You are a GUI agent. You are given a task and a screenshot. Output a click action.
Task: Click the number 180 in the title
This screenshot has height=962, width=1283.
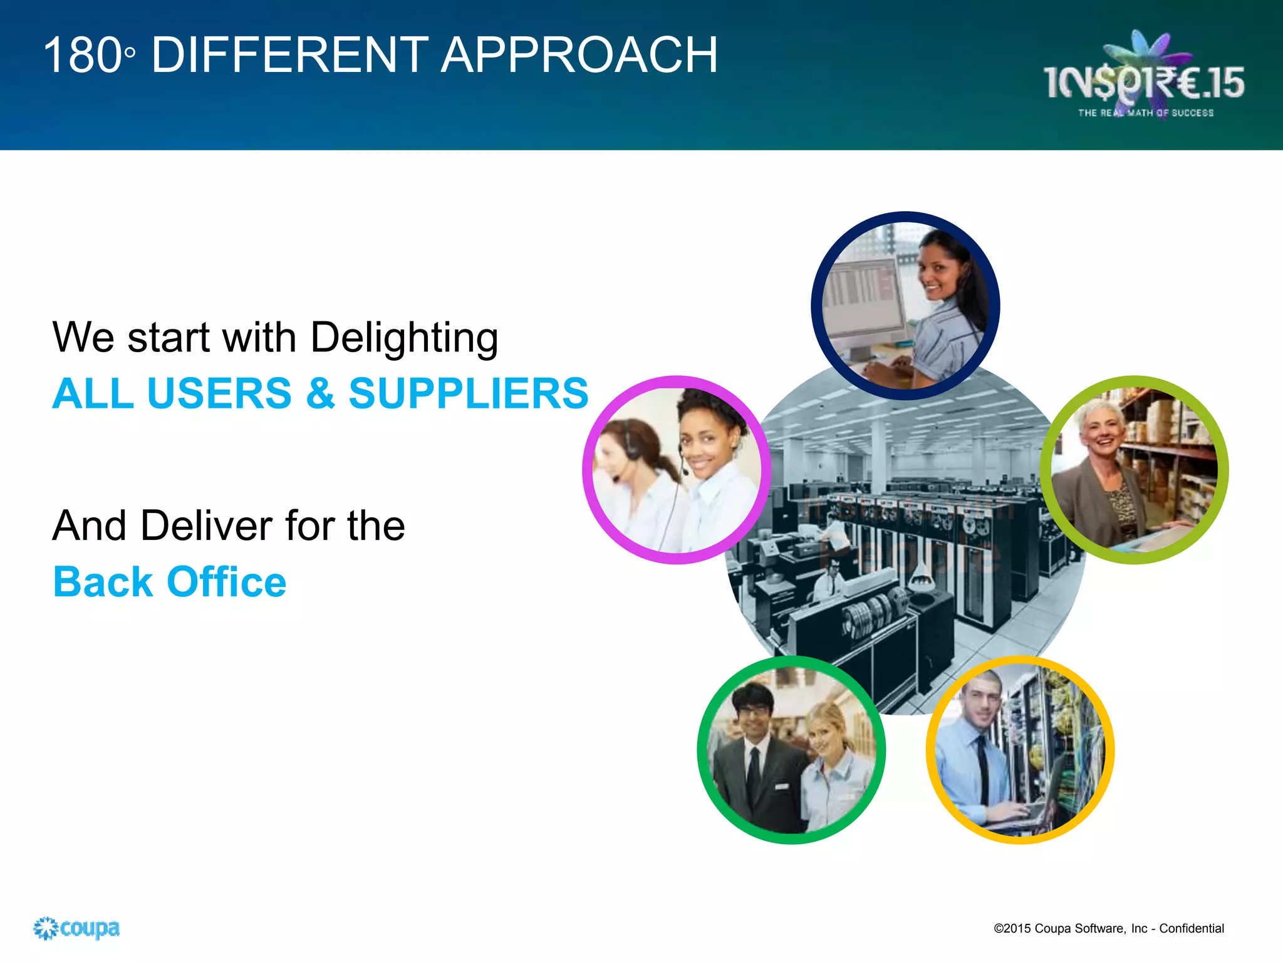[x=83, y=55]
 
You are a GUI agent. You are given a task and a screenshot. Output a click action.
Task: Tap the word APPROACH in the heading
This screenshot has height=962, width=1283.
[x=579, y=55]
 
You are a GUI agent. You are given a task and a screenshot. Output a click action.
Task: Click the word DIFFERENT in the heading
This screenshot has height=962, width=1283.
[x=289, y=55]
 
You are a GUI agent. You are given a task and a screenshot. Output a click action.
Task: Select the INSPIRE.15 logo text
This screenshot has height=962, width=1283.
[x=1143, y=83]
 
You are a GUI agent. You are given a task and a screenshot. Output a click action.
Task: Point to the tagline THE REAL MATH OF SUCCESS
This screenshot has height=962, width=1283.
[x=1145, y=113]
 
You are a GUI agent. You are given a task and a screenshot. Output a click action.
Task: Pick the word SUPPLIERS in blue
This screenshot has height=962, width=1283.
[x=469, y=393]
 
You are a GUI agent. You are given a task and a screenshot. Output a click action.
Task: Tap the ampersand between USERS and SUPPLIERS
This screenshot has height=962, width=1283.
[x=320, y=393]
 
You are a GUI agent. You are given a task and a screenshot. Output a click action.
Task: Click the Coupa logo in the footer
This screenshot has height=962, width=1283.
[x=76, y=928]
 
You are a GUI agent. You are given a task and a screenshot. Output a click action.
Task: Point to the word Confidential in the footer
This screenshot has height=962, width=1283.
[x=1191, y=928]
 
